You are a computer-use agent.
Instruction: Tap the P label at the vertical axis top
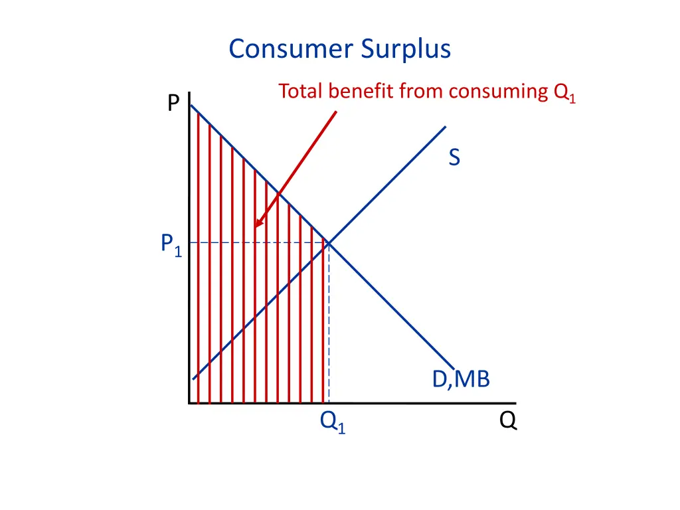pos(173,104)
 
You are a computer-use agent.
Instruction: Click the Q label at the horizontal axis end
pos(508,421)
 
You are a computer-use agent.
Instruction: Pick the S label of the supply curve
pos(454,158)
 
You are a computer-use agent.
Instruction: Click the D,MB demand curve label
pos(461,379)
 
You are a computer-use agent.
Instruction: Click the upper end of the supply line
pos(445,127)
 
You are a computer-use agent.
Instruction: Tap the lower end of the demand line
pos(453,367)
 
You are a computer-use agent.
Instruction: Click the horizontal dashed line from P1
pos(259,242)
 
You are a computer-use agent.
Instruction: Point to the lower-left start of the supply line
pos(193,379)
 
